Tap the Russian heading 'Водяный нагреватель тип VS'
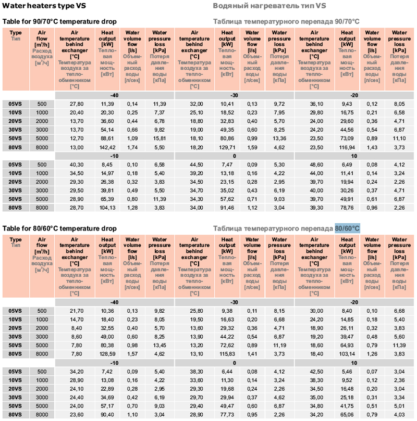pos(269,6)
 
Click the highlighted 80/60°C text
pos(347,228)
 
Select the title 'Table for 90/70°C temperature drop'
pos(59,21)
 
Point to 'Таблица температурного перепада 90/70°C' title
pos(286,21)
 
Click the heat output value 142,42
pos(107,147)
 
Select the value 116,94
pos(347,147)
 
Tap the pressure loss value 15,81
pos(160,138)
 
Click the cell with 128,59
pos(107,354)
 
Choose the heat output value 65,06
pos(347,414)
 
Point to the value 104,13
pos(107,208)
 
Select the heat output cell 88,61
pos(107,138)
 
